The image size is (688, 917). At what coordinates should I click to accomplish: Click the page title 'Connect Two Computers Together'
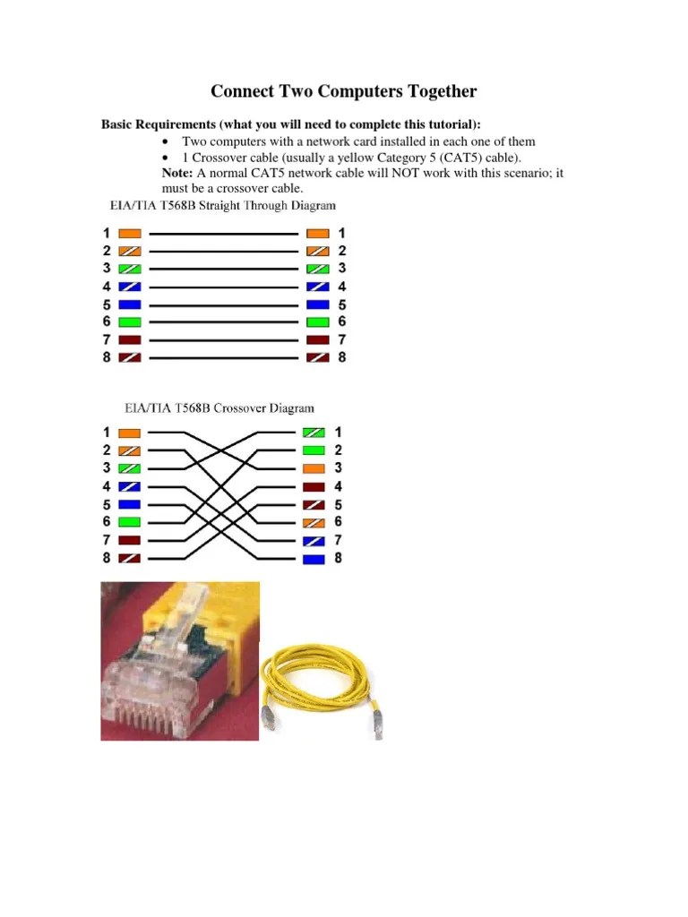[343, 91]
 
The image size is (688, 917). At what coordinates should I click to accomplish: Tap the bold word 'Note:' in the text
[177, 173]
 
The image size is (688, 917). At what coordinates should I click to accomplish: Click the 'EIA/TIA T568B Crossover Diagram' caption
[219, 408]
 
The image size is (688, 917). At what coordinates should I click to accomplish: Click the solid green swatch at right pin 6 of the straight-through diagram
[318, 321]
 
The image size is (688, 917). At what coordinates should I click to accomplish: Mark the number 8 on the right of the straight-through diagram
[341, 357]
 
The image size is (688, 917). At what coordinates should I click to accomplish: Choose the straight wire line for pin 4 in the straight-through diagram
[224, 287]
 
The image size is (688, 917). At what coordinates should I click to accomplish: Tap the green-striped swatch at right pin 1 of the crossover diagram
[314, 433]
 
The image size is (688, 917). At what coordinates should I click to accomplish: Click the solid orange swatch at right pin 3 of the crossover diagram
[314, 468]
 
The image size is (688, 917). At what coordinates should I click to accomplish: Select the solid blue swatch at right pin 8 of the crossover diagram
[314, 559]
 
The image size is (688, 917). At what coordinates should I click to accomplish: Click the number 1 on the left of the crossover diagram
[107, 433]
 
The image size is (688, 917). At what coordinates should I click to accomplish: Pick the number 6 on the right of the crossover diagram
[338, 522]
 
